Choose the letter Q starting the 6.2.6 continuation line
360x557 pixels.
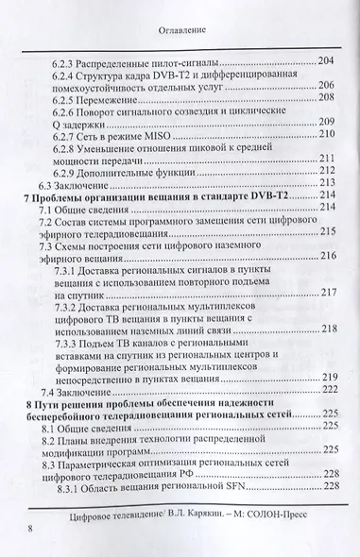[x=60, y=123]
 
